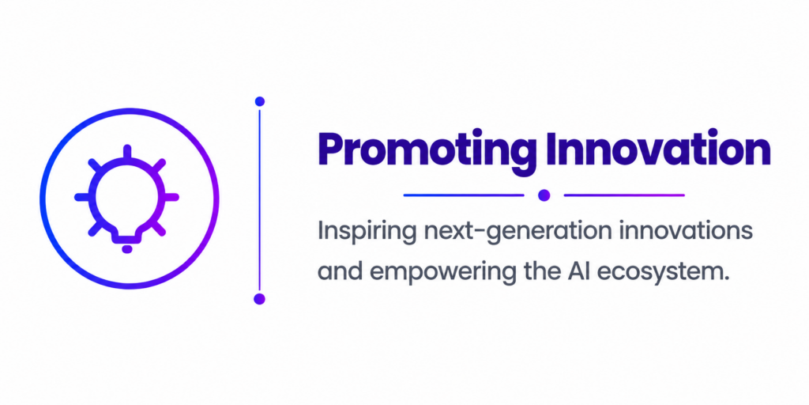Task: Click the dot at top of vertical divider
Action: point(259,101)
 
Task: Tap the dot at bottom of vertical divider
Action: point(259,298)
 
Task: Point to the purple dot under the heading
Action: point(544,195)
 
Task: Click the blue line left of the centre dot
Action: point(463,195)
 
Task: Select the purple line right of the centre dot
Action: point(624,195)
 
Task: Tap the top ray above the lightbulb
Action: point(127,152)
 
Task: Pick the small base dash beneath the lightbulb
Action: point(127,249)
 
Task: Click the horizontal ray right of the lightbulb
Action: point(171,197)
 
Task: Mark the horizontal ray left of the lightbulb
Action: point(82,197)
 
